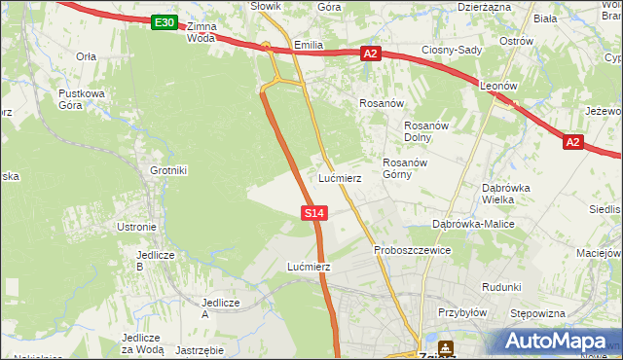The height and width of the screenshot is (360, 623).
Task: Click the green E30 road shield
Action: tap(165, 22)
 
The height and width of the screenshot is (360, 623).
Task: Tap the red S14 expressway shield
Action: tap(313, 212)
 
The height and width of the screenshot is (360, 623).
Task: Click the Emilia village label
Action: tap(308, 45)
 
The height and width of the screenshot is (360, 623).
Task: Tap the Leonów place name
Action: tap(498, 86)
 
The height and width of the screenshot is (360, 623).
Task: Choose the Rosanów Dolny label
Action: tap(424, 131)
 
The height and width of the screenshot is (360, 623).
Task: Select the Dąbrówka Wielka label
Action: tap(504, 194)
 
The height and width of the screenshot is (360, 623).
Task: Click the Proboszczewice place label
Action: tap(412, 250)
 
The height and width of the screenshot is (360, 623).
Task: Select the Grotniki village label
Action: tap(167, 170)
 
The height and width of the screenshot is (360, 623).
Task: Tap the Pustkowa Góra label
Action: tap(81, 99)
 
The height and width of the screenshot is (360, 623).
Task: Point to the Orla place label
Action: tap(86, 56)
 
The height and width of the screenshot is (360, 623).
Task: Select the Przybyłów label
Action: tap(461, 313)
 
